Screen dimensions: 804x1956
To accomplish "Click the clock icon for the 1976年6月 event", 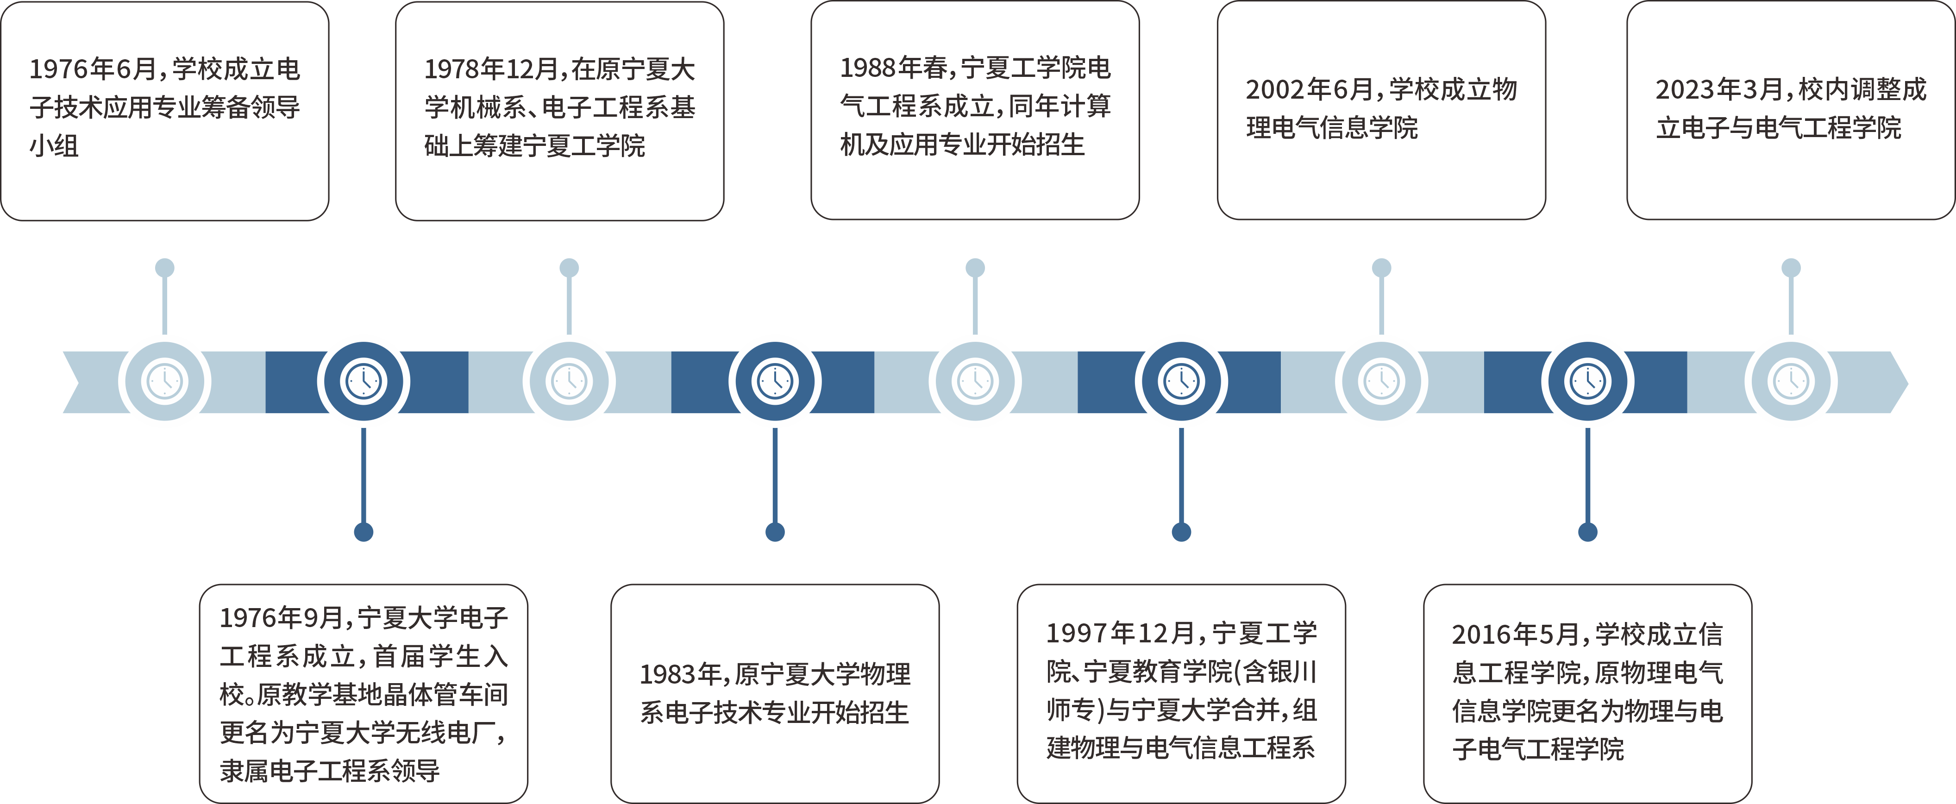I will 165,381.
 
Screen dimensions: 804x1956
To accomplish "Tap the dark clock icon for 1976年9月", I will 364,381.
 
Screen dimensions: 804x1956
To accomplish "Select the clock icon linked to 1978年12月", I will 569,381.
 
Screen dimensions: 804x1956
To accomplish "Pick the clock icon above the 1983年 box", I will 775,381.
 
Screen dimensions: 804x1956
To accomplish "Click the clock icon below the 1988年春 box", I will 975,381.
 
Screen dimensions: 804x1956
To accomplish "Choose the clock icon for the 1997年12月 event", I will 1181,381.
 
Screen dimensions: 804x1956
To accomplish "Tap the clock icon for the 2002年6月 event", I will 1381,381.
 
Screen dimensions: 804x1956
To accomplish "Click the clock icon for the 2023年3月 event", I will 1791,381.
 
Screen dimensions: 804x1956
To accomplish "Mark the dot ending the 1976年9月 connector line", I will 364,532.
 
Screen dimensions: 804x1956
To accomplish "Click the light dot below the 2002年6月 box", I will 1381,267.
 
